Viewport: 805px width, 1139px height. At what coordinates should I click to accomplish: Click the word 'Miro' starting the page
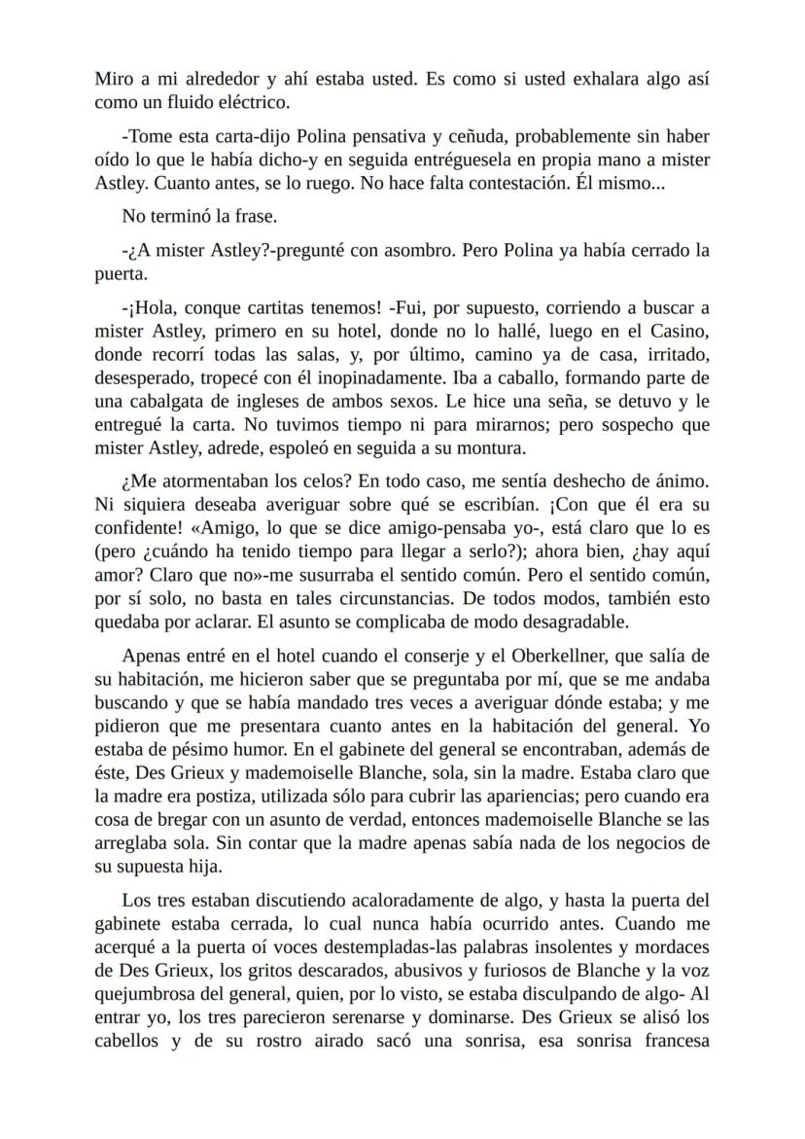(x=112, y=79)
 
